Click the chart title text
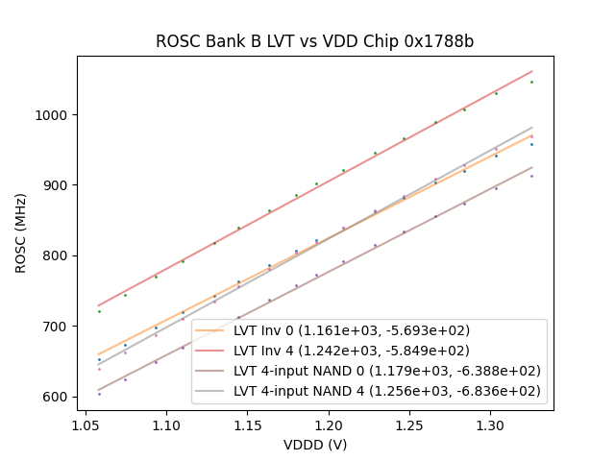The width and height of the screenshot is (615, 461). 315,42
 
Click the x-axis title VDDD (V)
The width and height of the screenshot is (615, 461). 315,445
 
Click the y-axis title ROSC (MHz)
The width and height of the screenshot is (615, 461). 20,233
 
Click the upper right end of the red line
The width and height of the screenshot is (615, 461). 531,71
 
